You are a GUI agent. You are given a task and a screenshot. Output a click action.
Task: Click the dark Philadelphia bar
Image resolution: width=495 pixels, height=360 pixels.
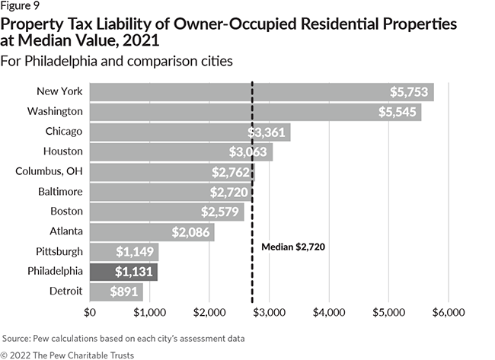tap(123, 272)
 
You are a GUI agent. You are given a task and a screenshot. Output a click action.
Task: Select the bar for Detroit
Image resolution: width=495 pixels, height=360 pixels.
tap(116, 292)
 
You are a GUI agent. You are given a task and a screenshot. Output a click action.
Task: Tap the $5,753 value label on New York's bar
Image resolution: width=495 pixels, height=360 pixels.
tap(410, 92)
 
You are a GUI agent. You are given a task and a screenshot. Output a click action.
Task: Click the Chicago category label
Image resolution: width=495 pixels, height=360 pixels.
tap(63, 132)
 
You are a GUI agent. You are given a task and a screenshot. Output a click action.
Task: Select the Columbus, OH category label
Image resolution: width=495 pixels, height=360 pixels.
tap(49, 171)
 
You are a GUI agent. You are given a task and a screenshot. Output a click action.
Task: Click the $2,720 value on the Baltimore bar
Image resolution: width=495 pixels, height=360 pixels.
tap(232, 192)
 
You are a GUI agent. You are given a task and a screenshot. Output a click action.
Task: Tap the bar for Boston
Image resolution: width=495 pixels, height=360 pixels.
tap(166, 212)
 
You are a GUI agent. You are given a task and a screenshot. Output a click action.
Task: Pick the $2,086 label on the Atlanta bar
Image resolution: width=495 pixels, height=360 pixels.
tap(192, 231)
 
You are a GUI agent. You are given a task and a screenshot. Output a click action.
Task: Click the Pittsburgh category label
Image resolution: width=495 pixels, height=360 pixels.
tap(58, 251)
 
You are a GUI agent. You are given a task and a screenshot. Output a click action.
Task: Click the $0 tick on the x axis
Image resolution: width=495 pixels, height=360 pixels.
tap(90, 312)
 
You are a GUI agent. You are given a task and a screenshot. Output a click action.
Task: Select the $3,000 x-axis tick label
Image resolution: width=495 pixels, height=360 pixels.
tap(269, 312)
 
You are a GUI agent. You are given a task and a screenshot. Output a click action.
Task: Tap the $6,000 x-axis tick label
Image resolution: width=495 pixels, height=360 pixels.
tap(449, 312)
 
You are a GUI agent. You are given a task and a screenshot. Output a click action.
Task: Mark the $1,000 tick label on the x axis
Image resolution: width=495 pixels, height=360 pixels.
tap(149, 312)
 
